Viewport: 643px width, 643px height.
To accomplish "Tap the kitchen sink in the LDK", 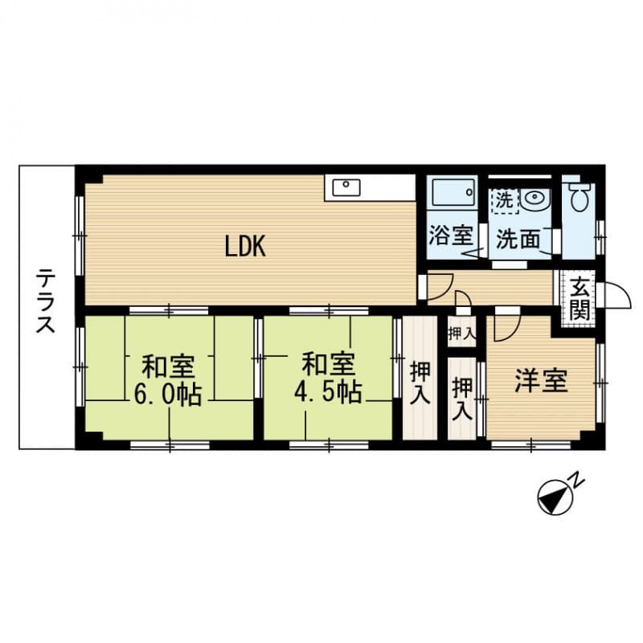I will pyautogui.click(x=346, y=188).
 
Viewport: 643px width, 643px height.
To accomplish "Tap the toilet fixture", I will pyautogui.click(x=580, y=195).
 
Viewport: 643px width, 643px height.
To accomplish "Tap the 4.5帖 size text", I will pyautogui.click(x=327, y=393).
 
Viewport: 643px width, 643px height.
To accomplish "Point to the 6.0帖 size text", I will pyautogui.click(x=169, y=395).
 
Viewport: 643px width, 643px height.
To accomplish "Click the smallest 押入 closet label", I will pyautogui.click(x=461, y=332).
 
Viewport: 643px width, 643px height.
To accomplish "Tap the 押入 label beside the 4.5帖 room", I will pyautogui.click(x=420, y=383).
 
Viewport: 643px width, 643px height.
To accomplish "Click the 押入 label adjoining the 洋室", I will pyautogui.click(x=462, y=398).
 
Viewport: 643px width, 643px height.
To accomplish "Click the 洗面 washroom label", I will pyautogui.click(x=513, y=238).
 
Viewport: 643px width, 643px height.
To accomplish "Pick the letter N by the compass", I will pyautogui.click(x=576, y=480).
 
